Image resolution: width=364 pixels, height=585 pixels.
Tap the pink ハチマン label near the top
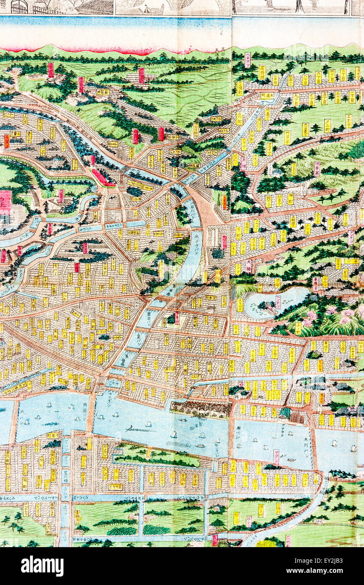(x=248, y=60)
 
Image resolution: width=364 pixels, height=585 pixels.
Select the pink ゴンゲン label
(x=317, y=168)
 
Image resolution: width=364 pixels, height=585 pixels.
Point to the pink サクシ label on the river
(x=276, y=456)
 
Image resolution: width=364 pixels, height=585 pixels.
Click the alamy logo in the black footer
(x=42, y=566)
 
